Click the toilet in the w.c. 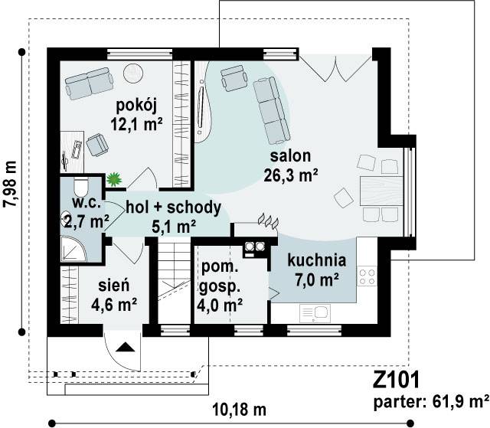[81, 187]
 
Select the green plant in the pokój [113, 179]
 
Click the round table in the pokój [133, 74]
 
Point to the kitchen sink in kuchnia [315, 313]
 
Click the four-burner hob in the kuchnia [367, 276]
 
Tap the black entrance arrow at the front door [126, 347]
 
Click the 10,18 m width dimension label [240, 410]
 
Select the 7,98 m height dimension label [10, 184]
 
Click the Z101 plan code [396, 380]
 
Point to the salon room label [291, 156]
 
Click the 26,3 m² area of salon [291, 175]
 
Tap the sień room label [114, 286]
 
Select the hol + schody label [174, 207]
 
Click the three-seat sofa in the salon [270, 110]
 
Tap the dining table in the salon [381, 191]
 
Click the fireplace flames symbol [268, 221]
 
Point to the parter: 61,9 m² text [431, 403]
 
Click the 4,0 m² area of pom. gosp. [220, 305]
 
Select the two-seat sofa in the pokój [89, 83]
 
